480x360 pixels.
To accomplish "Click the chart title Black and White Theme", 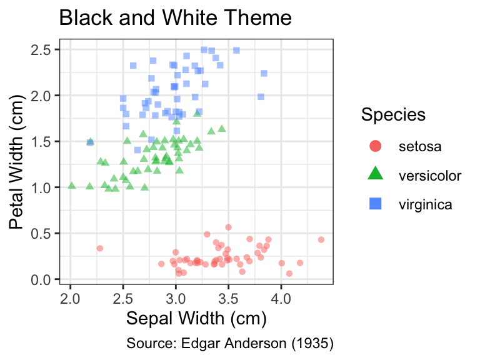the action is point(176,17).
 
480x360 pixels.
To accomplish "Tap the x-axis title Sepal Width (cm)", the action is point(196,318).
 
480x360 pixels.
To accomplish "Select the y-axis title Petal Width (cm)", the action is point(16,162).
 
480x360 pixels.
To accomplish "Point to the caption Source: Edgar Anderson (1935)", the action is point(230,343).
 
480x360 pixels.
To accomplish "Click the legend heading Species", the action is point(393,115).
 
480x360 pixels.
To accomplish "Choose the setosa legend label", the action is point(420,147).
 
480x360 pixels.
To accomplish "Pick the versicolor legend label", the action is point(430,176).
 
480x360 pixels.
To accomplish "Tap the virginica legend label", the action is point(425,204).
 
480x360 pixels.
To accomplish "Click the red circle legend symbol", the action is point(376,146).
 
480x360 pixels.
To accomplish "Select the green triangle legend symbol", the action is point(376,173).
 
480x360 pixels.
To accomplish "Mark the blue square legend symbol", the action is point(376,204).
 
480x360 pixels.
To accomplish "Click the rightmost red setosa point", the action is point(321,240).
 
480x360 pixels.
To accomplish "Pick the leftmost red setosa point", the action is point(100,248).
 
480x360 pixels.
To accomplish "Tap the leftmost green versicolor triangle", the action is point(72,186).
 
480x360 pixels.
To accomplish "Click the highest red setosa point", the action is point(228,227).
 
